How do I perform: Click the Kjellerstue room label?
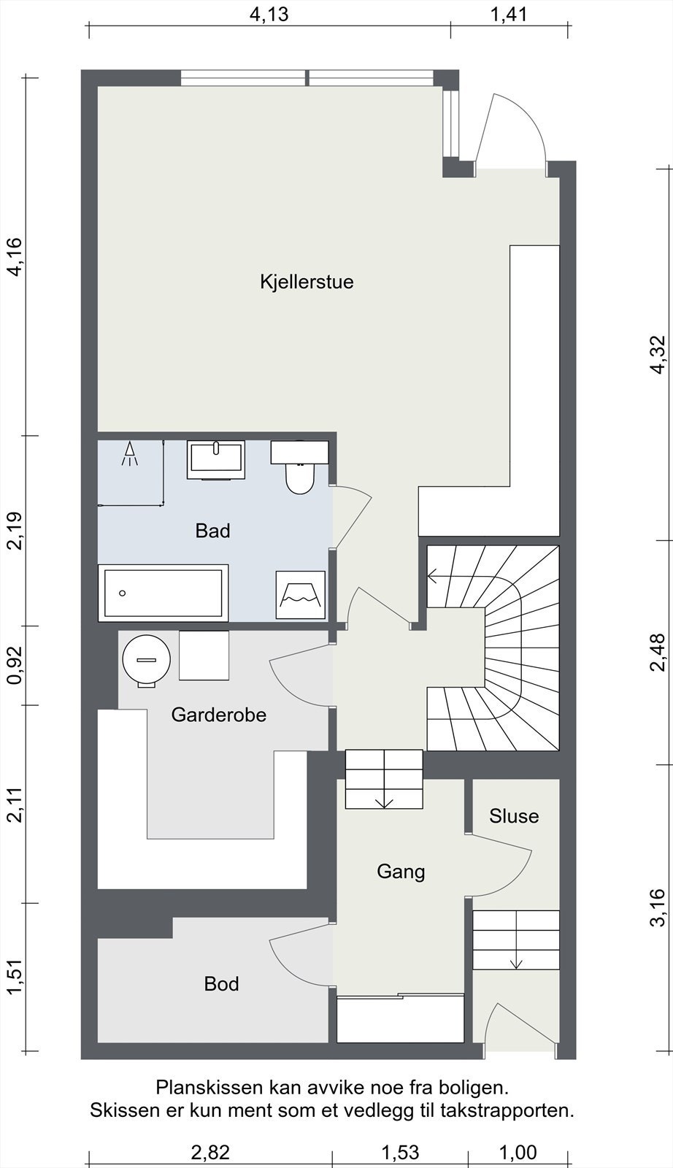307,282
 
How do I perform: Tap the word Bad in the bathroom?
212,531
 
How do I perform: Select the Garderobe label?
218,715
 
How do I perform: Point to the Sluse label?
513,816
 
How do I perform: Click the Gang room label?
401,872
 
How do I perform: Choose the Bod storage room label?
222,984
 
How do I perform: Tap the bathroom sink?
216,459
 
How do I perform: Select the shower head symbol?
129,453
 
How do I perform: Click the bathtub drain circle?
122,593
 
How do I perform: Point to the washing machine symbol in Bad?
300,594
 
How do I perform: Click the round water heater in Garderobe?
147,660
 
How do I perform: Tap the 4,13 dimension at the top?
269,15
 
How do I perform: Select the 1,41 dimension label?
509,15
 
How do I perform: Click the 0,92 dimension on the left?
15,665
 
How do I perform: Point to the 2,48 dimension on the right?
658,653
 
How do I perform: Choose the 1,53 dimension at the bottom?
400,1151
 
